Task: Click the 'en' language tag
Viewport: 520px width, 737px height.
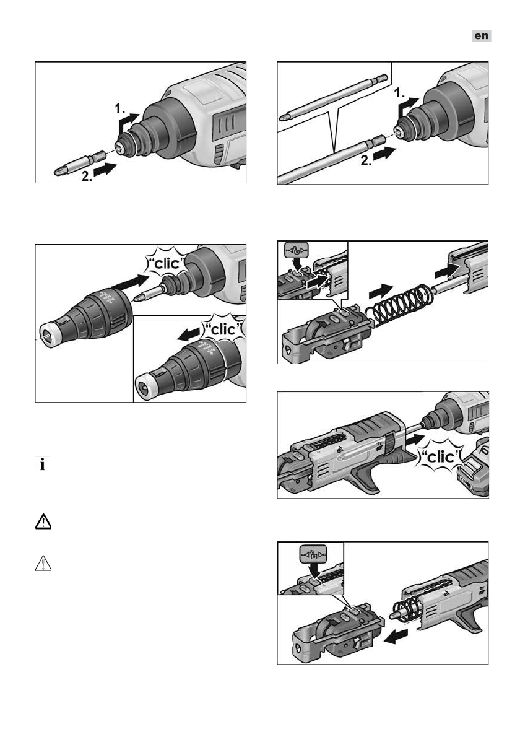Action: [482, 36]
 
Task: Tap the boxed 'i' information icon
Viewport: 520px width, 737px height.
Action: [42, 464]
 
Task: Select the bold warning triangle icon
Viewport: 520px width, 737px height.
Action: [43, 521]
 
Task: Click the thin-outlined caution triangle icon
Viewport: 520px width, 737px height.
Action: [43, 563]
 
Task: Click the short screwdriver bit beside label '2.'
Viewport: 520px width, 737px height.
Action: [80, 162]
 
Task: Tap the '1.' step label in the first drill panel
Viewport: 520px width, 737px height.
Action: [121, 109]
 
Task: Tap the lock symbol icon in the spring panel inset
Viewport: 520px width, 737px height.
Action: [297, 250]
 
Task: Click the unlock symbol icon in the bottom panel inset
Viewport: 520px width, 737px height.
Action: [313, 556]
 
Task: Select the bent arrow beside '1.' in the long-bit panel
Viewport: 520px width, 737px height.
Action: [408, 107]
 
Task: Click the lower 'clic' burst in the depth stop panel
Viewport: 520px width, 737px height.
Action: [221, 329]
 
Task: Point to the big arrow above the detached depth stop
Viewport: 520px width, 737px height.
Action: [130, 284]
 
